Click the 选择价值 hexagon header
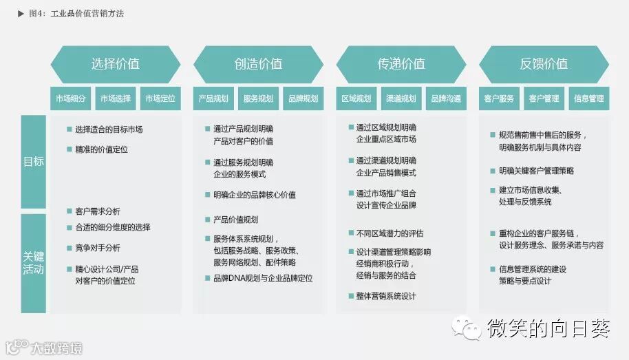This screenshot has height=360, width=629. [115, 64]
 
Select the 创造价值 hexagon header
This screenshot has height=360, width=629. [258, 64]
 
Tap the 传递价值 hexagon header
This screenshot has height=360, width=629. [401, 64]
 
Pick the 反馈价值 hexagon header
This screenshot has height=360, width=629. [544, 64]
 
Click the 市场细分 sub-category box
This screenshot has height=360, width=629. [70, 98]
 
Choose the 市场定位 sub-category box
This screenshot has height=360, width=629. [160, 98]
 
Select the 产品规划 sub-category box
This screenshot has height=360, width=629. [213, 98]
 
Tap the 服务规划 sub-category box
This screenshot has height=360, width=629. [258, 98]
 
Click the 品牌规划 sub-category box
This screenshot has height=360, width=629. [303, 98]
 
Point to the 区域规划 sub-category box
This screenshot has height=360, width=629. [356, 98]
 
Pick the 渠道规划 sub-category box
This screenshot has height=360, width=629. [401, 98]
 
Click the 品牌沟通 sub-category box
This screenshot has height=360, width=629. [446, 98]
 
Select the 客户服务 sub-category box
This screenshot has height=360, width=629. [499, 98]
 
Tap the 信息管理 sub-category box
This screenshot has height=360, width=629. [589, 98]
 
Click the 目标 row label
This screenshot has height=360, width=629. [33, 162]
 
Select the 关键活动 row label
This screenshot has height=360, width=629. [33, 262]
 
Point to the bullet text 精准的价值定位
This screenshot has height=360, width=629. [101, 149]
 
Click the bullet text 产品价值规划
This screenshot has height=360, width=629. [235, 220]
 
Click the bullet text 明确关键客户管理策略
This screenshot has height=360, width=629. [536, 171]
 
